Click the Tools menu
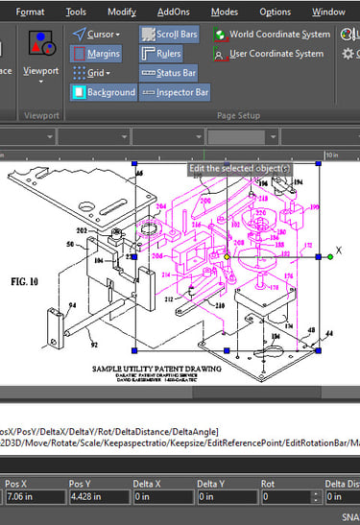pos(77,12)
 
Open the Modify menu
pos(121,12)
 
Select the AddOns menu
pos(173,12)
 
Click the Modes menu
pos(224,12)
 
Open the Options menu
pos(275,12)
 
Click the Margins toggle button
pos(96,54)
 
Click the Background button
pos(104,93)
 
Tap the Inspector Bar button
pos(175,93)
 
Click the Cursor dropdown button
pos(95,35)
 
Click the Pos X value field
pos(32,496)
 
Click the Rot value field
pos(285,496)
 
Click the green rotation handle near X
pos(329,256)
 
